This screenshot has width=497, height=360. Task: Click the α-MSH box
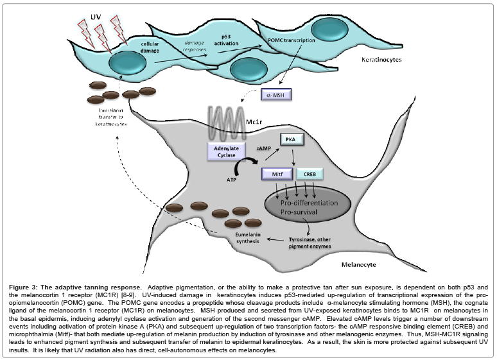(277, 96)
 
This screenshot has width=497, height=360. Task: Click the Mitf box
(277, 174)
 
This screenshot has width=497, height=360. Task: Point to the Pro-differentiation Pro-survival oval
(309, 207)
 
